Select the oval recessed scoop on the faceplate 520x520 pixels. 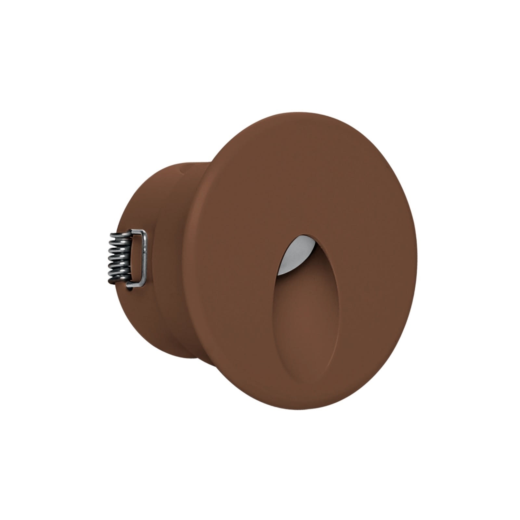tap(305, 322)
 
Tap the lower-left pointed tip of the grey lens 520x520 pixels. tap(279, 274)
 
